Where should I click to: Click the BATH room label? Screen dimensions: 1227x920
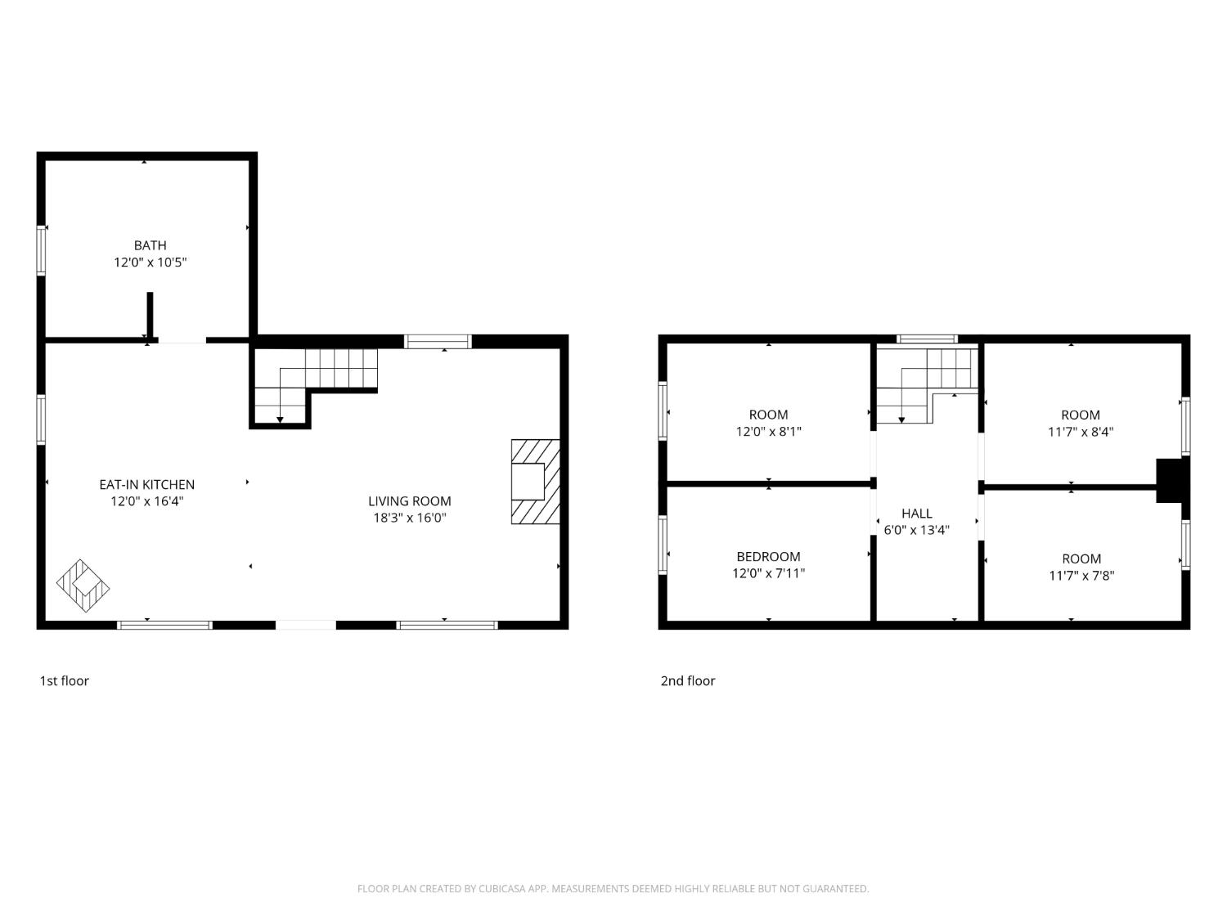[x=150, y=245]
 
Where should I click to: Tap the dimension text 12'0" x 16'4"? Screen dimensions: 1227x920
[x=147, y=501]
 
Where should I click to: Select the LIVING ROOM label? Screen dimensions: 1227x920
[x=410, y=501]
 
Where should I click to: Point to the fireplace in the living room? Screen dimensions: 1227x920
[x=536, y=482]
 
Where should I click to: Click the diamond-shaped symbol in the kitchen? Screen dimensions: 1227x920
[x=83, y=586]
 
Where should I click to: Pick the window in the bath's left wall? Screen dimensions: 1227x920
[x=41, y=250]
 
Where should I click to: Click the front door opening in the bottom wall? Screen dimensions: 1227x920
[x=306, y=625]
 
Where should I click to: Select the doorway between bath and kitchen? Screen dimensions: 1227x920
[x=182, y=339]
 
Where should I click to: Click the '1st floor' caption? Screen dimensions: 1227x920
[x=65, y=681]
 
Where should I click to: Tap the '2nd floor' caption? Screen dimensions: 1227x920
[x=688, y=681]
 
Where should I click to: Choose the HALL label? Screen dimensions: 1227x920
[x=917, y=514]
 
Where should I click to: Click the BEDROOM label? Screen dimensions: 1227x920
[x=768, y=556]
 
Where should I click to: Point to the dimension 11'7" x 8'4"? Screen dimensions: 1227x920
[x=1081, y=432]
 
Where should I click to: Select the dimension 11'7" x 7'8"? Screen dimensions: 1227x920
[x=1081, y=576]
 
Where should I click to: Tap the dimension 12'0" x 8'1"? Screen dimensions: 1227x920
[x=769, y=431]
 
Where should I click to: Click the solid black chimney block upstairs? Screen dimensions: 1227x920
[x=1168, y=480]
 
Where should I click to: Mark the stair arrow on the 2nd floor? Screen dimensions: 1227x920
[x=901, y=403]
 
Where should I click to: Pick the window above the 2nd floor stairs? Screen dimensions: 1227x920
[x=927, y=339]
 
